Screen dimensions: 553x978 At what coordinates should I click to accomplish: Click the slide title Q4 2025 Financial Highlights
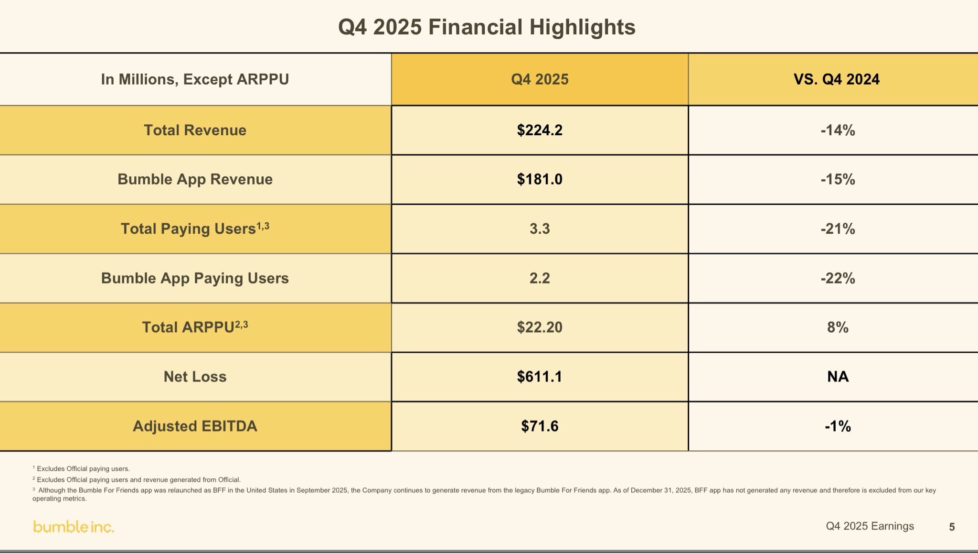(487, 27)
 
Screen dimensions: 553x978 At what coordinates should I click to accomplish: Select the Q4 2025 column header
(540, 79)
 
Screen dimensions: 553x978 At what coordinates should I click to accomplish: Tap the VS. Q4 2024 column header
(836, 79)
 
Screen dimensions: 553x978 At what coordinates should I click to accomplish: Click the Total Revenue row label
(195, 130)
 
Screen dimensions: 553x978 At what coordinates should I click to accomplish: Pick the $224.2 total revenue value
(540, 130)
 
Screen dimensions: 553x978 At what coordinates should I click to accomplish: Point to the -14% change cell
(838, 130)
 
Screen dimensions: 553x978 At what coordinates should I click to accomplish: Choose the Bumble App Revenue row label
(195, 179)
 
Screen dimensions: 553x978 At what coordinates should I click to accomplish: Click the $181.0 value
(540, 179)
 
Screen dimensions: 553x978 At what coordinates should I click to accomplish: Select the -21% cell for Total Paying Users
(838, 229)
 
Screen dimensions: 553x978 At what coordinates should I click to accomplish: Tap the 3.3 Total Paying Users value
(540, 229)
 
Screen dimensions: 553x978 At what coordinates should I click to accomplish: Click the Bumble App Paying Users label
(195, 278)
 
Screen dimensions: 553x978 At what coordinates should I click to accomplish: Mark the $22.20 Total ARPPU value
(540, 327)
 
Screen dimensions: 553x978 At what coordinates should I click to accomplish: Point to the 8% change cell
(838, 327)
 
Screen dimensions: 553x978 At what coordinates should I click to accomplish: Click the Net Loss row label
(195, 377)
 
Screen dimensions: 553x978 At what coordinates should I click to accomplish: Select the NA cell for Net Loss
(838, 377)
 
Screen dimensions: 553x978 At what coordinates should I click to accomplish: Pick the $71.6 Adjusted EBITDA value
(540, 426)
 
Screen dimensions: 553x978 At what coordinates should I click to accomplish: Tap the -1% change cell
(838, 426)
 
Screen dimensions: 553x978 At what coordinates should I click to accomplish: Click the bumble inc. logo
(74, 527)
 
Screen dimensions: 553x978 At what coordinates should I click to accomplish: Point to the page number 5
(952, 527)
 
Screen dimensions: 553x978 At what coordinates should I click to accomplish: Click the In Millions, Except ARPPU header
(195, 79)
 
